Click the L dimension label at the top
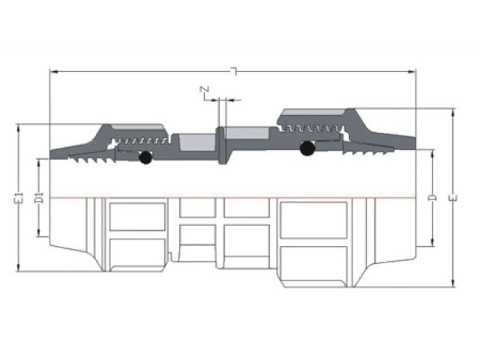(235, 71)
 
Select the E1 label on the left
(16, 199)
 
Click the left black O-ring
(145, 158)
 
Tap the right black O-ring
(306, 149)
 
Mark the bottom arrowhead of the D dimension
(433, 244)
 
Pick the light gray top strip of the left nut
(139, 127)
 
